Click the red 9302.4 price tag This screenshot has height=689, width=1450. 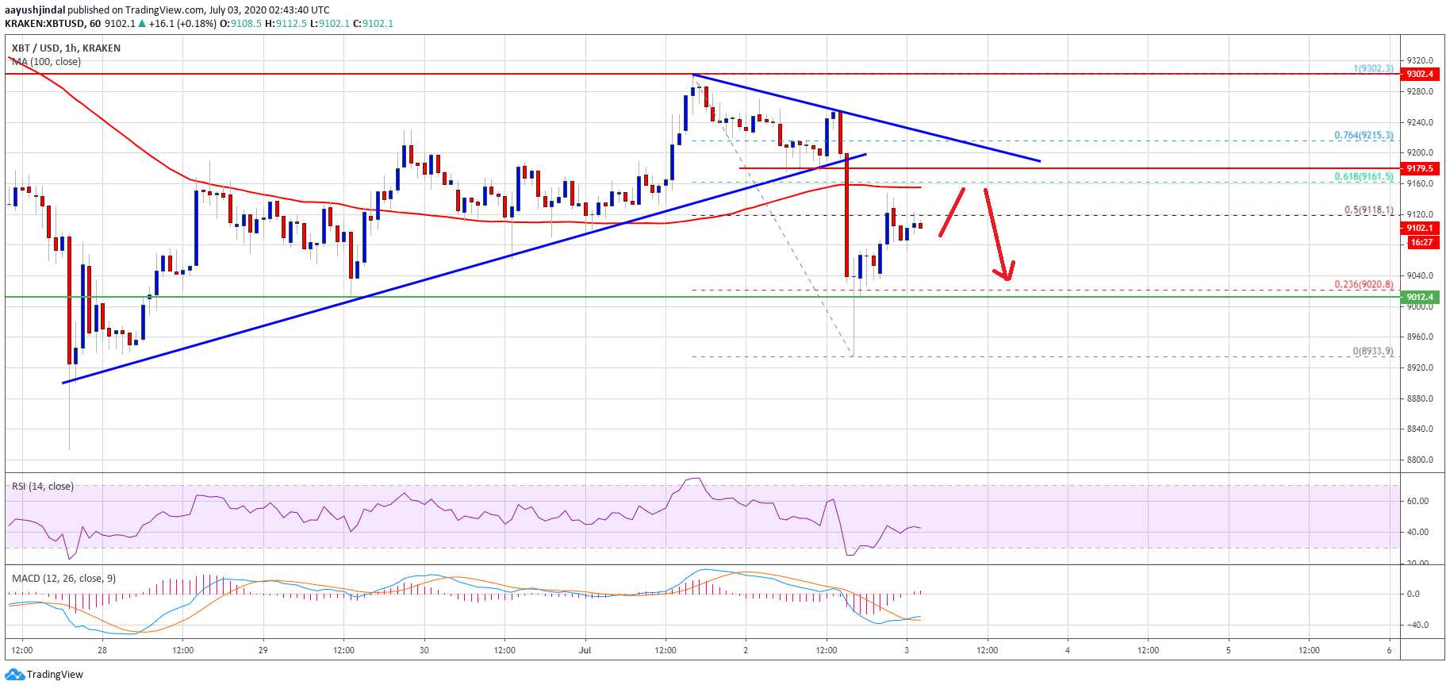1420,74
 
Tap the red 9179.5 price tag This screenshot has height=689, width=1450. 1420,168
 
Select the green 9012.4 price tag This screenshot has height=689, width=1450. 1420,297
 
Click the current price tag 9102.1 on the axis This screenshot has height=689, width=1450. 1420,228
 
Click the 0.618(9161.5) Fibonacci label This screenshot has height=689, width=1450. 1364,176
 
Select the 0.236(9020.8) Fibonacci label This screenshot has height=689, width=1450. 1364,284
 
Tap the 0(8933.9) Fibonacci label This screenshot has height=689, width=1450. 1372,351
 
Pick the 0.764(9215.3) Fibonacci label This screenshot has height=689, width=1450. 1364,135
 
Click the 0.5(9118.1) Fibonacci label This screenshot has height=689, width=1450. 1368,210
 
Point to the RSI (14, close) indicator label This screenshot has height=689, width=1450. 43,487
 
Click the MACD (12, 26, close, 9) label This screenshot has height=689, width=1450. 63,578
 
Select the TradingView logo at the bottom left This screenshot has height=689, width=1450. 44,675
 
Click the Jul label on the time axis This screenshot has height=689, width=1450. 585,650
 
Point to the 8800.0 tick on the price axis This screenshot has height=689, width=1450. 1420,460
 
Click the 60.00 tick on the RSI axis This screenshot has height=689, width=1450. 1417,501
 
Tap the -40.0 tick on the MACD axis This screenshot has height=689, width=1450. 1417,625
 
